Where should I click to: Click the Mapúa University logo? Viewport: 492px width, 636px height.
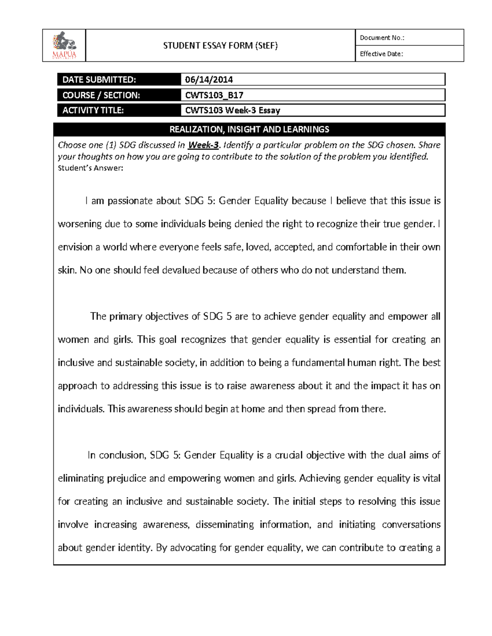[64, 45]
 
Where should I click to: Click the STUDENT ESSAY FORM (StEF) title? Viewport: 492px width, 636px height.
[220, 45]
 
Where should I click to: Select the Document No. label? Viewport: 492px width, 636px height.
[382, 38]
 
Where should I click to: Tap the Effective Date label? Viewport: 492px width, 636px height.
[381, 54]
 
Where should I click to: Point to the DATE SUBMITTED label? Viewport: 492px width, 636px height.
[98, 79]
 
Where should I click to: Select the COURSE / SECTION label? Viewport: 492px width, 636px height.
[101, 95]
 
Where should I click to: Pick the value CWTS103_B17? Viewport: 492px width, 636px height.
[214, 95]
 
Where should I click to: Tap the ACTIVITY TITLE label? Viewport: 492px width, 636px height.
[93, 110]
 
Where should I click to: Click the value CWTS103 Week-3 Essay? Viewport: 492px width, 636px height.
[232, 110]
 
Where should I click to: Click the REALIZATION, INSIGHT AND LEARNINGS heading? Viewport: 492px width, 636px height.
[249, 129]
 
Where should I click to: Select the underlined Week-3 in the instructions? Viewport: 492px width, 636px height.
[203, 145]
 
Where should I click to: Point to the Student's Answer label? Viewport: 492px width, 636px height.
[90, 168]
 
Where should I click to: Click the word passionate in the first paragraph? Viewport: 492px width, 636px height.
[130, 201]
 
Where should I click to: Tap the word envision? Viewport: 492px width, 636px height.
[75, 247]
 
